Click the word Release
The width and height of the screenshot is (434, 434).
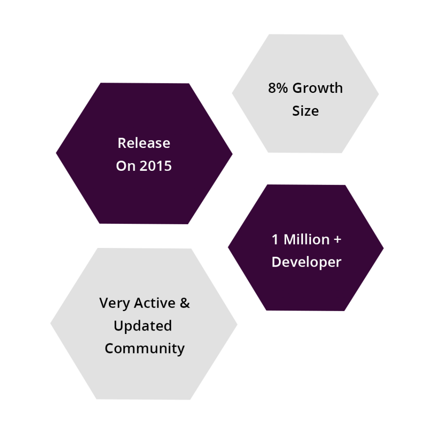tap(144, 143)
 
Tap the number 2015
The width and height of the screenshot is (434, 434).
tap(156, 166)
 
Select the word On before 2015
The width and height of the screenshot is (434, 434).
tap(125, 166)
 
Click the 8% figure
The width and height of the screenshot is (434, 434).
tap(278, 88)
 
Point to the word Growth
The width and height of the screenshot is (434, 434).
tap(318, 88)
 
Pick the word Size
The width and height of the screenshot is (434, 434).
tap(306, 111)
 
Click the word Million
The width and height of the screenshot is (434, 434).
tap(307, 239)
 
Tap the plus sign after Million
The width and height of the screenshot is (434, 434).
tap(337, 240)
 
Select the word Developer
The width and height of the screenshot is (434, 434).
tap(306, 262)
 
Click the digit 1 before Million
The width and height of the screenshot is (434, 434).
tap(275, 239)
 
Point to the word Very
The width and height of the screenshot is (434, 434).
tap(114, 303)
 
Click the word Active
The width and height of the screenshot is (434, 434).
tap(155, 303)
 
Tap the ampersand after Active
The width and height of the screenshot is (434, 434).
tap(185, 303)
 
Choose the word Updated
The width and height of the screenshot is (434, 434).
tap(143, 326)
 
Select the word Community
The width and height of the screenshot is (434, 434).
tap(145, 349)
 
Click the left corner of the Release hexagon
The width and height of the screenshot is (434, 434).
tap(56, 153)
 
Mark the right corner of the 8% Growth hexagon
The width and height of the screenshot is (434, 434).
tap(378, 94)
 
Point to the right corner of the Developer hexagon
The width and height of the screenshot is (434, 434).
tap(384, 248)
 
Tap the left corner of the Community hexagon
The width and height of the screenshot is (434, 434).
tap(51, 323)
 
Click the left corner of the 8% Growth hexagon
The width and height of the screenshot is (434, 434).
tap(232, 93)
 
